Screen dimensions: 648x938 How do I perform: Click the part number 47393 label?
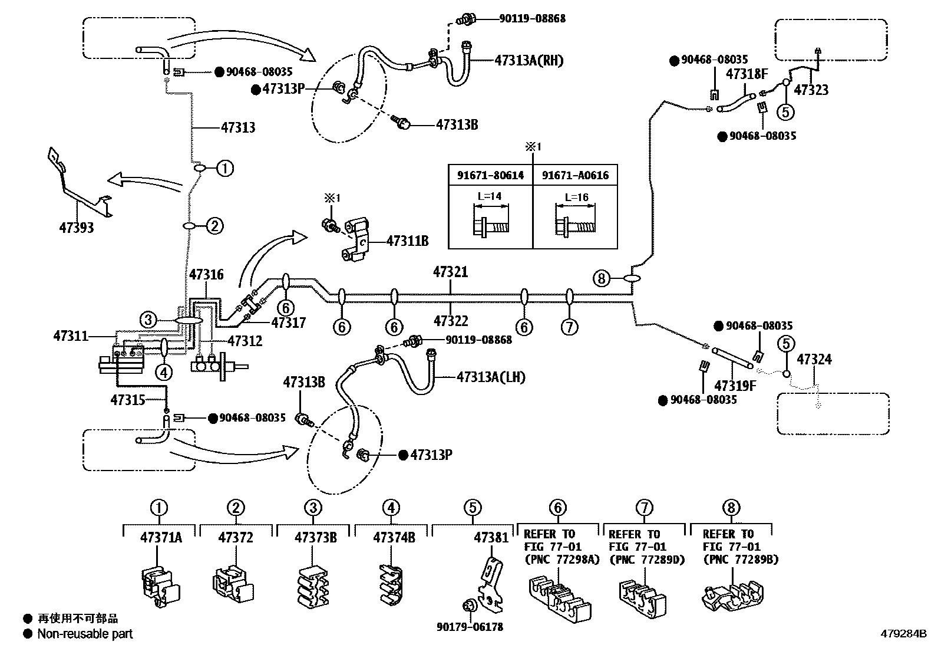click(x=77, y=227)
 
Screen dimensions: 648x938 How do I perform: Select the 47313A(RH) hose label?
click(x=529, y=60)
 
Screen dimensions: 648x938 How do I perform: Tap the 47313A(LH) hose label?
click(x=490, y=377)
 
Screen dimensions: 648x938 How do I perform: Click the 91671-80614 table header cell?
click(x=490, y=176)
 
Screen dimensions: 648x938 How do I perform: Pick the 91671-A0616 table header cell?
click(x=575, y=176)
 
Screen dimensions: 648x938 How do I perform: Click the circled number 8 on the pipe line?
click(x=600, y=278)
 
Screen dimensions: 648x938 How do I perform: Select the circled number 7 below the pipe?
click(x=569, y=326)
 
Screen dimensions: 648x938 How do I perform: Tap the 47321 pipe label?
click(x=450, y=272)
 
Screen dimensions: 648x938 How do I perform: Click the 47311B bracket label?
click(x=408, y=241)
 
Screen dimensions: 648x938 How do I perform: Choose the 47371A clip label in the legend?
click(x=161, y=537)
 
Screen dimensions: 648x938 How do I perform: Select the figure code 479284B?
click(x=904, y=634)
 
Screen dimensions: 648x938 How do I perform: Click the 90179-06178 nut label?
click(x=470, y=627)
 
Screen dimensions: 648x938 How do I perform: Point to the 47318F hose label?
click(x=747, y=74)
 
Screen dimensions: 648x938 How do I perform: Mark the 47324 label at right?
click(x=814, y=359)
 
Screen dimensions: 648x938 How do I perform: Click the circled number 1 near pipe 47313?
click(x=225, y=169)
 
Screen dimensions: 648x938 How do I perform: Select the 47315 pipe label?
click(x=128, y=400)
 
